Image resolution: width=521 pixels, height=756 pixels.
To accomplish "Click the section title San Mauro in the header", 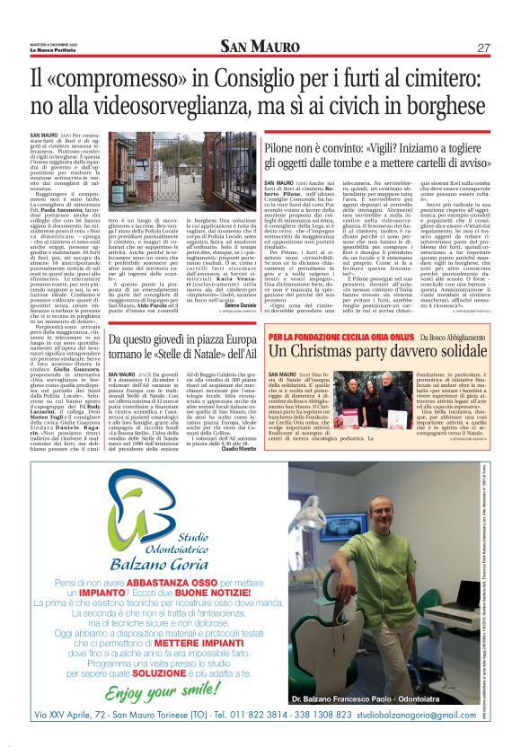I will click(x=260, y=47).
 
